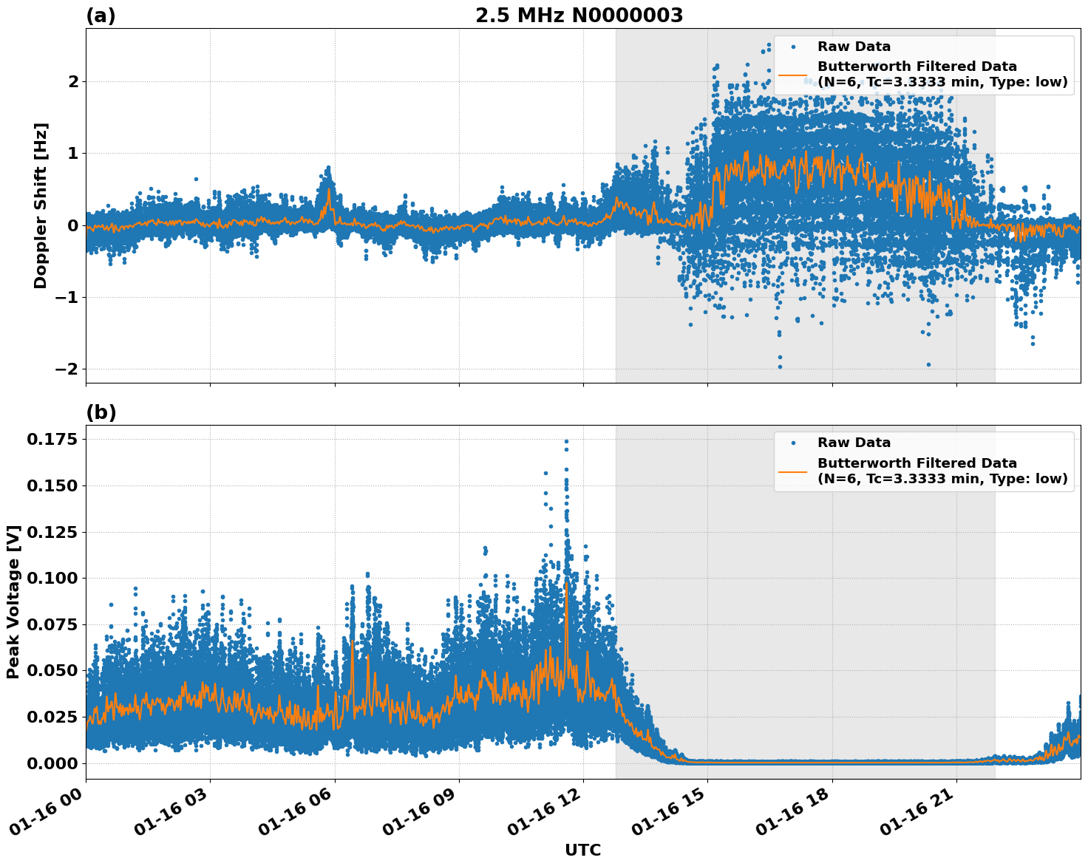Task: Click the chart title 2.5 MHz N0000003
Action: pyautogui.click(x=579, y=16)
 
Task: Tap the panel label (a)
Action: pyautogui.click(x=101, y=16)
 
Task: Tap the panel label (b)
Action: pyautogui.click(x=101, y=412)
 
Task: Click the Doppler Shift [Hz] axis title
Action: pyautogui.click(x=41, y=205)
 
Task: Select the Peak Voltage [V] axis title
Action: pyautogui.click(x=13, y=601)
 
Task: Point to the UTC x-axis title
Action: pyautogui.click(x=582, y=850)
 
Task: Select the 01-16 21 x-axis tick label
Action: pyautogui.click(x=919, y=814)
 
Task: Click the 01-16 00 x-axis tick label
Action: pyautogui.click(x=49, y=814)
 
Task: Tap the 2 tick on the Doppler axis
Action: pyautogui.click(x=73, y=81)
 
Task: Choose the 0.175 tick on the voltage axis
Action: pyautogui.click(x=52, y=440)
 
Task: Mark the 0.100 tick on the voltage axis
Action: pyautogui.click(x=52, y=578)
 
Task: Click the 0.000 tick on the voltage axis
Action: pyautogui.click(x=52, y=763)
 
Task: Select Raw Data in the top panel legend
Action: pyautogui.click(x=854, y=47)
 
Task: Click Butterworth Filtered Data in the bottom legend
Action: pyautogui.click(x=917, y=463)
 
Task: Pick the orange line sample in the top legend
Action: pyautogui.click(x=792, y=75)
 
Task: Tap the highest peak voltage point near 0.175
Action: pyautogui.click(x=566, y=442)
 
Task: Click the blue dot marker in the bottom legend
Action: pyautogui.click(x=792, y=443)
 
